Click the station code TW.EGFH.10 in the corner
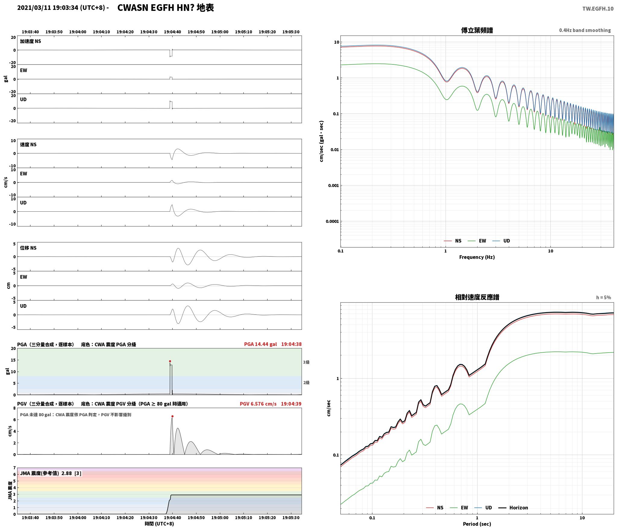598,8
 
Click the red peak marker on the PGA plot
170,361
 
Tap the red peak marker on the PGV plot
172,416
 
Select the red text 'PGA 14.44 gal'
260,344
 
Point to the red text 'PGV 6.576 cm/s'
258,404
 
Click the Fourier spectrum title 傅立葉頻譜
477,30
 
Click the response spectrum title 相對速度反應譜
477,297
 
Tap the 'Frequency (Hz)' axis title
477,257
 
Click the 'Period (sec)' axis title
477,524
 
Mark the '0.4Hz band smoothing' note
585,30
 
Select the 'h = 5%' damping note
603,297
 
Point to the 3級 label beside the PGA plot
306,362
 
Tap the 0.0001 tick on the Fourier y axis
332,221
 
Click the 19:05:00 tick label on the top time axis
220,32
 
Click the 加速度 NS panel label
30,41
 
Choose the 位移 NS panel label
28,248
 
